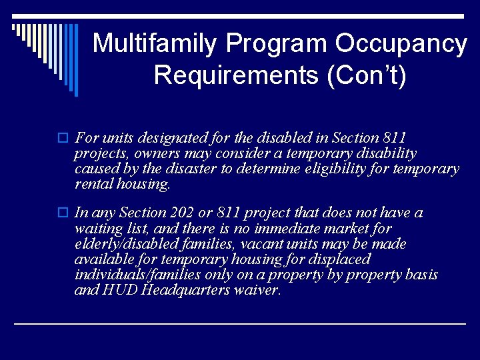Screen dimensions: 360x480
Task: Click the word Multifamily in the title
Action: coord(155,44)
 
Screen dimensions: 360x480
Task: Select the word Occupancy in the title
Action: coord(401,44)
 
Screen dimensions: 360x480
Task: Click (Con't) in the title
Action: coord(366,75)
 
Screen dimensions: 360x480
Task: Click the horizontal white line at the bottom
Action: coord(240,323)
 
